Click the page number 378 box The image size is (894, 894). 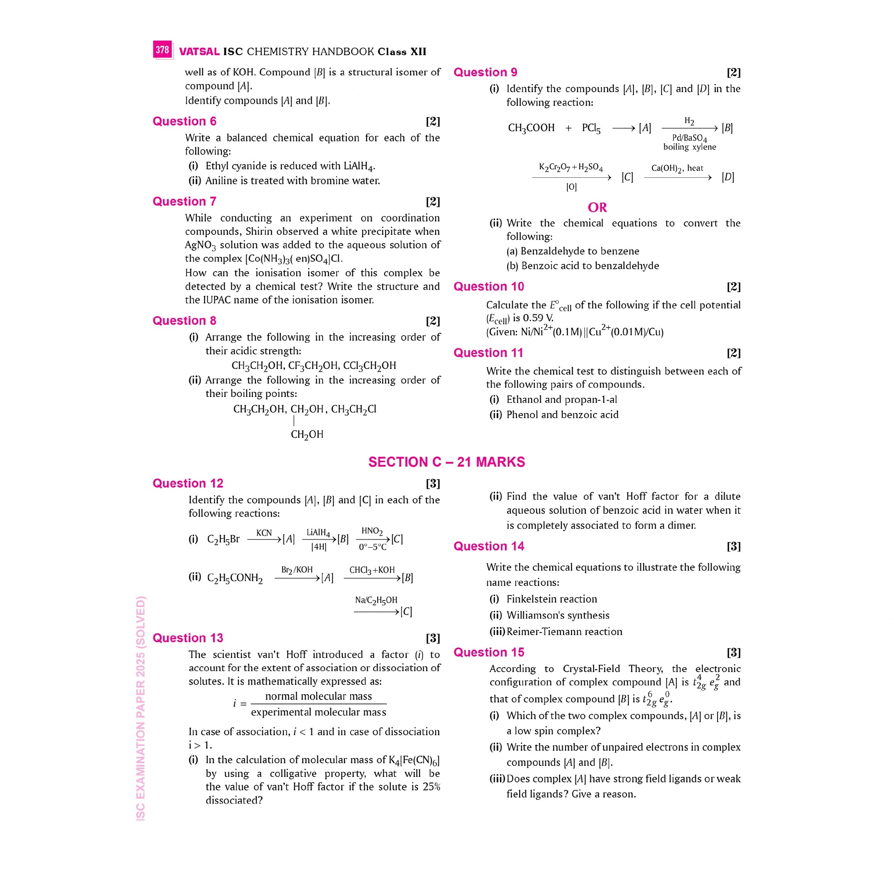(163, 50)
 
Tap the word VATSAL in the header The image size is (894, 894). (199, 52)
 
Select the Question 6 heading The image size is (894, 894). (184, 121)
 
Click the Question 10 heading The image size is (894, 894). (489, 286)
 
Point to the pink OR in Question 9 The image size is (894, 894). (597, 207)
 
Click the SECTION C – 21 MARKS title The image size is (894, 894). (447, 462)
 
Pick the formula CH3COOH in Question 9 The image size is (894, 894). (531, 128)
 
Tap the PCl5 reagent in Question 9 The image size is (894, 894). (591, 128)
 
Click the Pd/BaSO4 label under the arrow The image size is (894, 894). (689, 138)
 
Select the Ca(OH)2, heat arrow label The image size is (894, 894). (677, 169)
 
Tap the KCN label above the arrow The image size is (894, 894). (264, 533)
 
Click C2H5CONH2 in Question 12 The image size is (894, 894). (235, 578)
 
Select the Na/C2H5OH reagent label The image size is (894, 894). (376, 600)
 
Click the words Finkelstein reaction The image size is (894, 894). (552, 599)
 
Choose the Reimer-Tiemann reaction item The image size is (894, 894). (564, 632)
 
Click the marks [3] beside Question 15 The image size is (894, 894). (733, 652)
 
